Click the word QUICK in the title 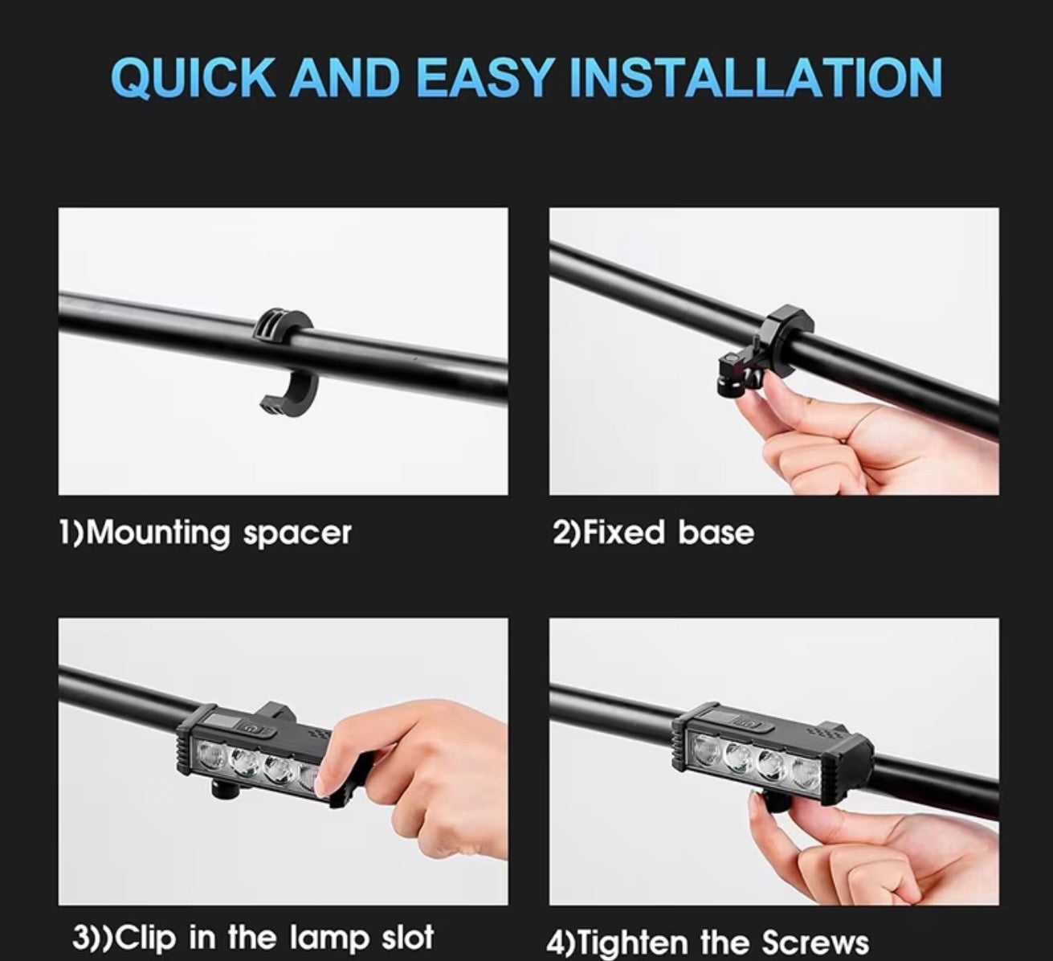(x=194, y=78)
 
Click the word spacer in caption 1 (x=297, y=534)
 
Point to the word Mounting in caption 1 (x=157, y=533)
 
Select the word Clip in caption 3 (x=145, y=936)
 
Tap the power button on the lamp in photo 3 (x=247, y=728)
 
